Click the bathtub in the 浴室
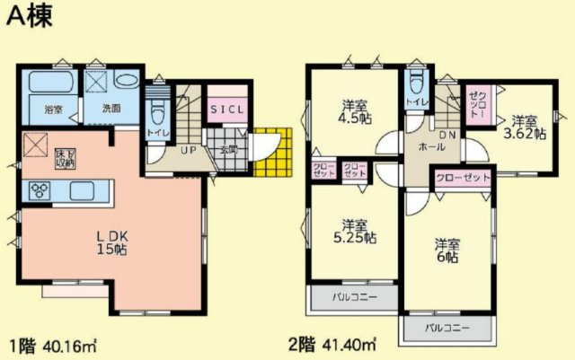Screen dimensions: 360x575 [50, 88]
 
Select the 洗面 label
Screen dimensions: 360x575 [111, 109]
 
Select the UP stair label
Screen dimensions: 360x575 [188, 149]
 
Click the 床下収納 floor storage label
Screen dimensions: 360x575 [65, 157]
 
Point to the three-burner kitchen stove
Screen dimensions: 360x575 [42, 191]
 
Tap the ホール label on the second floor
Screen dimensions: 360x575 [429, 144]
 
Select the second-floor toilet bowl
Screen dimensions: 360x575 [414, 84]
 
